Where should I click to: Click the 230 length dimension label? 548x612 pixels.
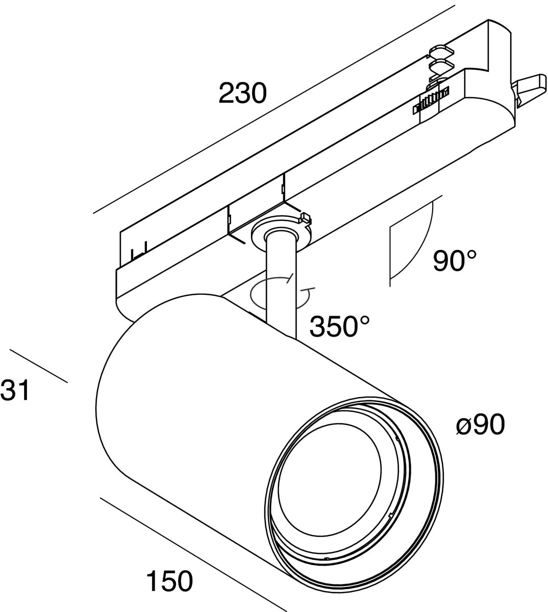[243, 93]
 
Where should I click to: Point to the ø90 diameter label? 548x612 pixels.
[480, 424]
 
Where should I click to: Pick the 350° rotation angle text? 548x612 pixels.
[340, 326]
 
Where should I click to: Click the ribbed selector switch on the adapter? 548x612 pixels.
[431, 99]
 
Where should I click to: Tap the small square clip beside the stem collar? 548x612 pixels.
[305, 218]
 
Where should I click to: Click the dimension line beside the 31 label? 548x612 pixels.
[38, 366]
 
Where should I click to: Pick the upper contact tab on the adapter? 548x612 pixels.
[442, 52]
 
